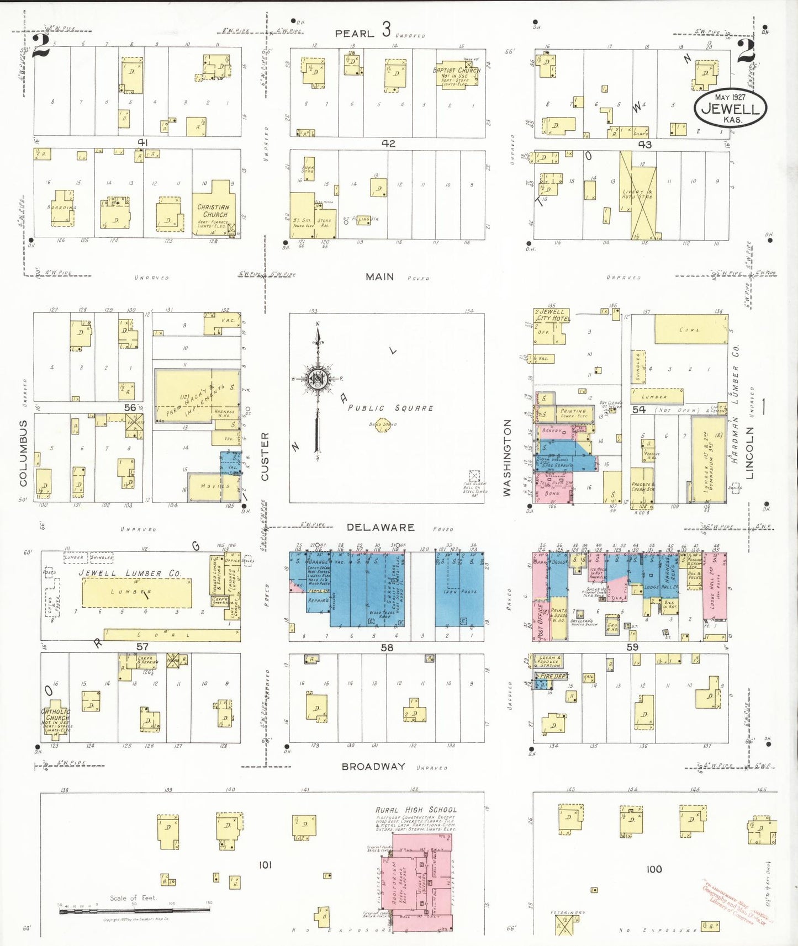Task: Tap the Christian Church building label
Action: click(x=214, y=211)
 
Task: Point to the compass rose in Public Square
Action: click(x=318, y=380)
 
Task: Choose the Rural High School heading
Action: click(x=416, y=810)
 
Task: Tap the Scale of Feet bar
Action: click(x=135, y=911)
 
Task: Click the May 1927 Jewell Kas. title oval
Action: click(x=730, y=107)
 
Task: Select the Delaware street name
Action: click(x=380, y=528)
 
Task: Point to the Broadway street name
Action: click(x=373, y=767)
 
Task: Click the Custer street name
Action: click(x=265, y=456)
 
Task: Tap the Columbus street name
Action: click(x=23, y=453)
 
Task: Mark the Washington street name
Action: click(x=507, y=458)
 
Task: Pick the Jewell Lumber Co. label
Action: click(x=130, y=573)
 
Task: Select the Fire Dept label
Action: click(x=553, y=676)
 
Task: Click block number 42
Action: click(x=388, y=144)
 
